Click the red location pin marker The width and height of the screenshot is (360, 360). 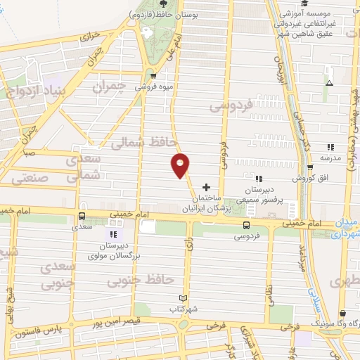(x=181, y=165)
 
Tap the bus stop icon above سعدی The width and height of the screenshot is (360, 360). (x=82, y=216)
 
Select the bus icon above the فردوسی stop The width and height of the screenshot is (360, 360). (x=246, y=225)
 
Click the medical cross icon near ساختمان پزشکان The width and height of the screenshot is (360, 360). (x=205, y=187)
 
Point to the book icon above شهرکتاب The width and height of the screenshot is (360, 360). (x=184, y=298)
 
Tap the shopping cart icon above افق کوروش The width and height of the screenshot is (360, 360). (x=311, y=167)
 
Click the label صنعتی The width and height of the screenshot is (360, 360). (x=31, y=179)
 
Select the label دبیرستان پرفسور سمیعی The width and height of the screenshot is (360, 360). (x=262, y=195)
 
